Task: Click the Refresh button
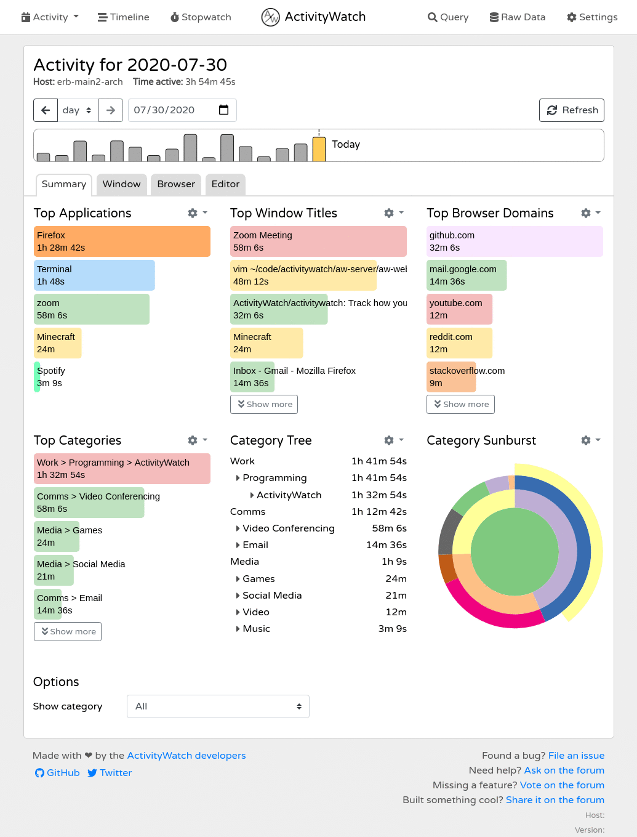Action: pos(571,110)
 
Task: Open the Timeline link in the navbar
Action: pos(123,17)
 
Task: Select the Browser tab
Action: pos(176,184)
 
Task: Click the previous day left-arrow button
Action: pos(46,110)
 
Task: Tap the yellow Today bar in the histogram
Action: pos(319,149)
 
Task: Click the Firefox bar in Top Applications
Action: pos(122,241)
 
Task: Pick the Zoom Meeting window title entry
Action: pos(319,241)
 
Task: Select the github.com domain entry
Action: pos(515,241)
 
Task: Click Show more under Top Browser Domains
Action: pos(460,405)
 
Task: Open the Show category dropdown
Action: pos(218,706)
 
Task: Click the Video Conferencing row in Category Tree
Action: pos(288,528)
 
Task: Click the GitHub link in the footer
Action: pos(57,773)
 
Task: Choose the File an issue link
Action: pos(576,756)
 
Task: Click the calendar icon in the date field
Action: pos(224,110)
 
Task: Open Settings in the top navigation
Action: pos(592,17)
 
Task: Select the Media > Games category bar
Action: pos(57,536)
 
